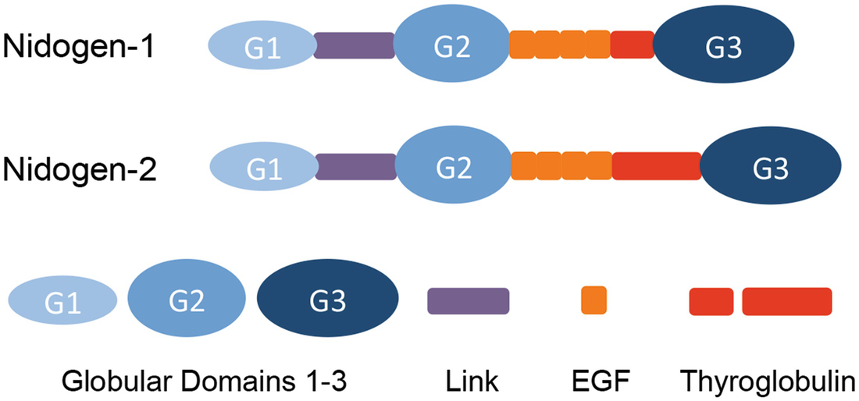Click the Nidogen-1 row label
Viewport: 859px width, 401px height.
pos(80,48)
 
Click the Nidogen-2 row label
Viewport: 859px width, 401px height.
pos(80,168)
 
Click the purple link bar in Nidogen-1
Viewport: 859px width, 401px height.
pos(354,46)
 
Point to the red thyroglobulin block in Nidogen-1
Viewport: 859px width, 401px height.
pos(632,46)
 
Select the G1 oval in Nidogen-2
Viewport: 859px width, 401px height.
pos(265,168)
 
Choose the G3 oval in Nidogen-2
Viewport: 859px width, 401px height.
pos(770,167)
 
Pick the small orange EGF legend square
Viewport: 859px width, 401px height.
pos(594,300)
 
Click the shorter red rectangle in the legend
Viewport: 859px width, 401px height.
pos(711,302)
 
